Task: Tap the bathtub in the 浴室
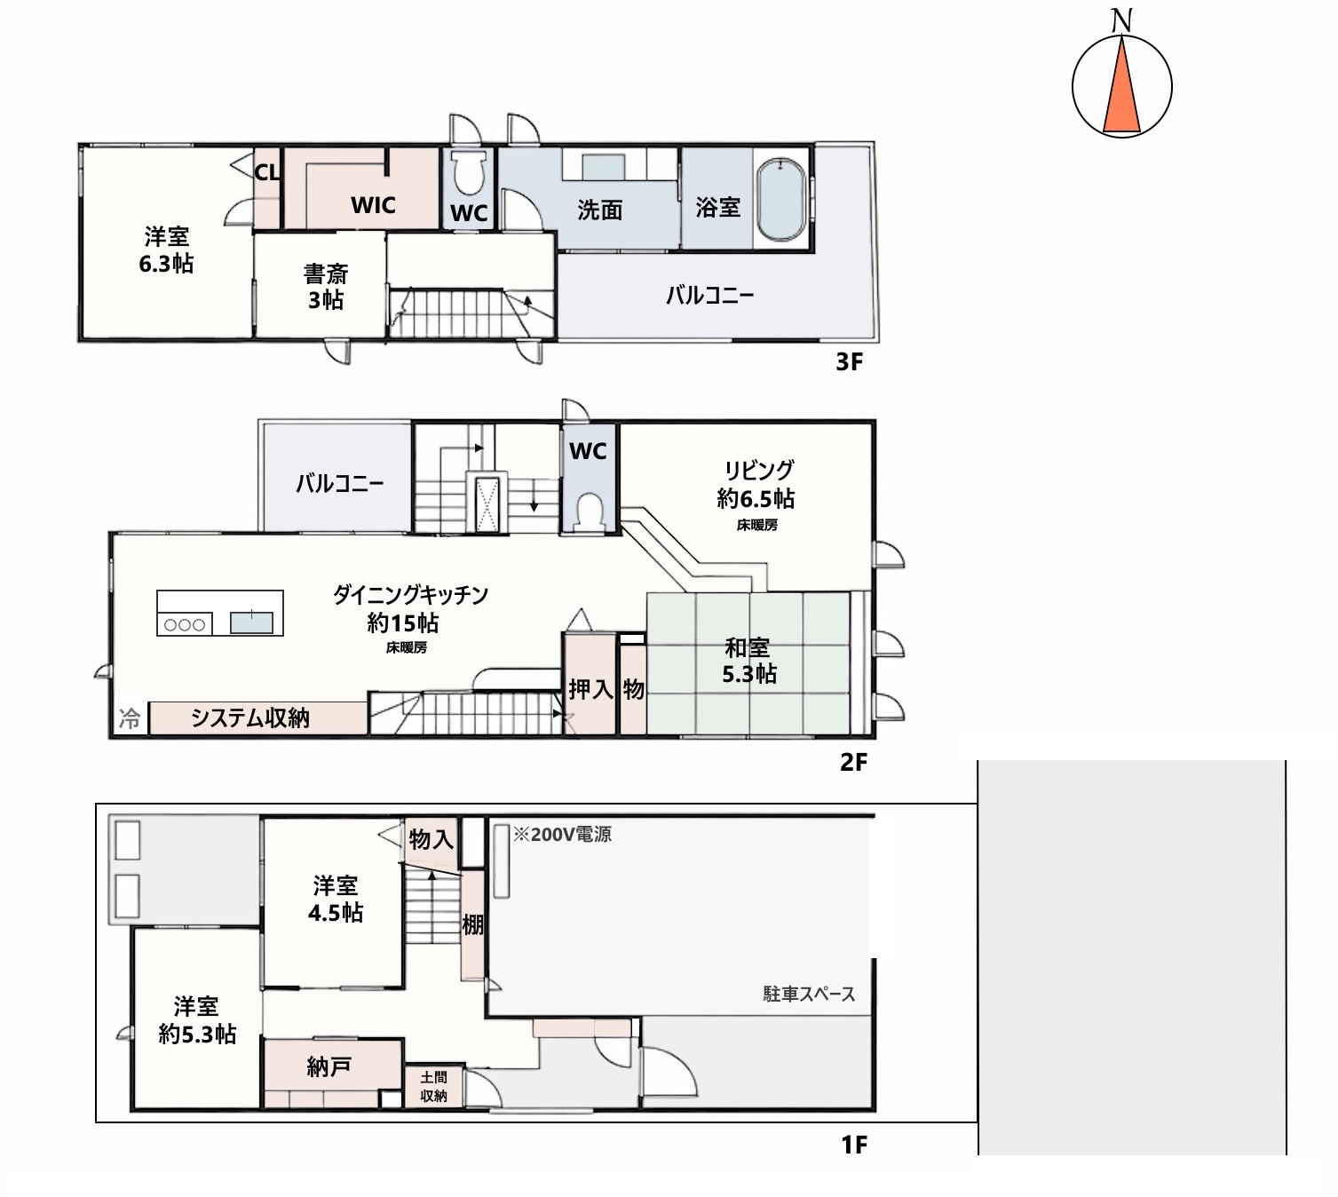click(x=781, y=200)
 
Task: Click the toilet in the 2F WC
click(x=589, y=513)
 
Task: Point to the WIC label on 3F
click(x=373, y=205)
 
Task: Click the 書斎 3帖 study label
click(x=326, y=287)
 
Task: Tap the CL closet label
click(x=267, y=172)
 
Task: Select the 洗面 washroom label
click(x=599, y=210)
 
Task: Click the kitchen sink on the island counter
click(x=251, y=622)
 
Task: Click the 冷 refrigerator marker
click(x=130, y=718)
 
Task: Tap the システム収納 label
click(x=249, y=717)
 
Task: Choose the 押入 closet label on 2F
click(x=591, y=690)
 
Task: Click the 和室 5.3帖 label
click(x=748, y=661)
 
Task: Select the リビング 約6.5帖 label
click(x=756, y=484)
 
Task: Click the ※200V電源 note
click(x=562, y=835)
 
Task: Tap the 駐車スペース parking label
click(x=809, y=995)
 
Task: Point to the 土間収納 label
click(x=433, y=1087)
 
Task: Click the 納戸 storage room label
click(x=329, y=1066)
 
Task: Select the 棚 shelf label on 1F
click(x=472, y=925)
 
